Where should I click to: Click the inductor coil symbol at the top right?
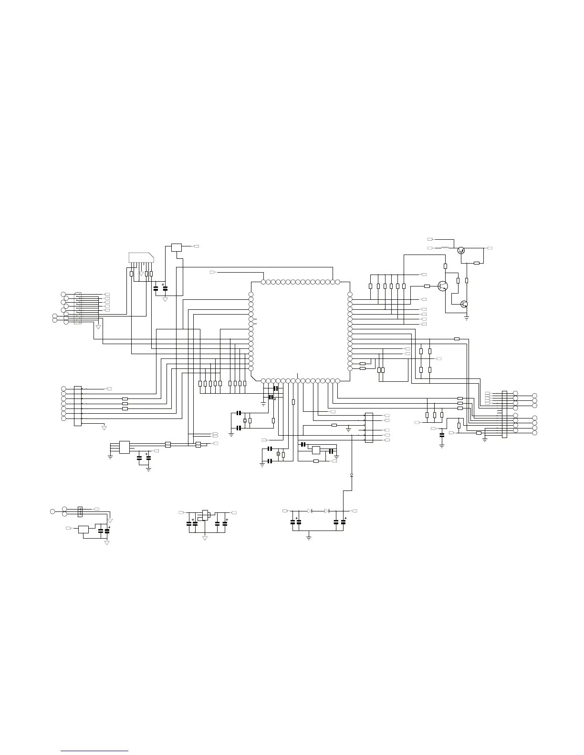click(445, 248)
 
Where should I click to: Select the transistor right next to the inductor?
click(461, 250)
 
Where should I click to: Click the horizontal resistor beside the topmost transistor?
click(476, 263)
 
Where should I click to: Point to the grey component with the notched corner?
click(141, 257)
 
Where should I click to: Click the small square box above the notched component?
click(177, 247)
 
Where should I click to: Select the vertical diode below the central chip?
click(352, 475)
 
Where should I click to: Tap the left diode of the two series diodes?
click(310, 510)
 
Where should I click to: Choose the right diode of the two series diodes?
click(327, 510)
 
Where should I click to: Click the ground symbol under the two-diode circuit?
click(309, 538)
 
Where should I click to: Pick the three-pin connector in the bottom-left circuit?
click(80, 511)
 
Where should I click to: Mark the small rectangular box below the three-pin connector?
click(83, 529)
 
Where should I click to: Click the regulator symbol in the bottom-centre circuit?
click(205, 515)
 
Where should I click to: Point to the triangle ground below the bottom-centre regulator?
click(205, 538)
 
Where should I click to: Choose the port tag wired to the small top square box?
click(196, 246)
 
